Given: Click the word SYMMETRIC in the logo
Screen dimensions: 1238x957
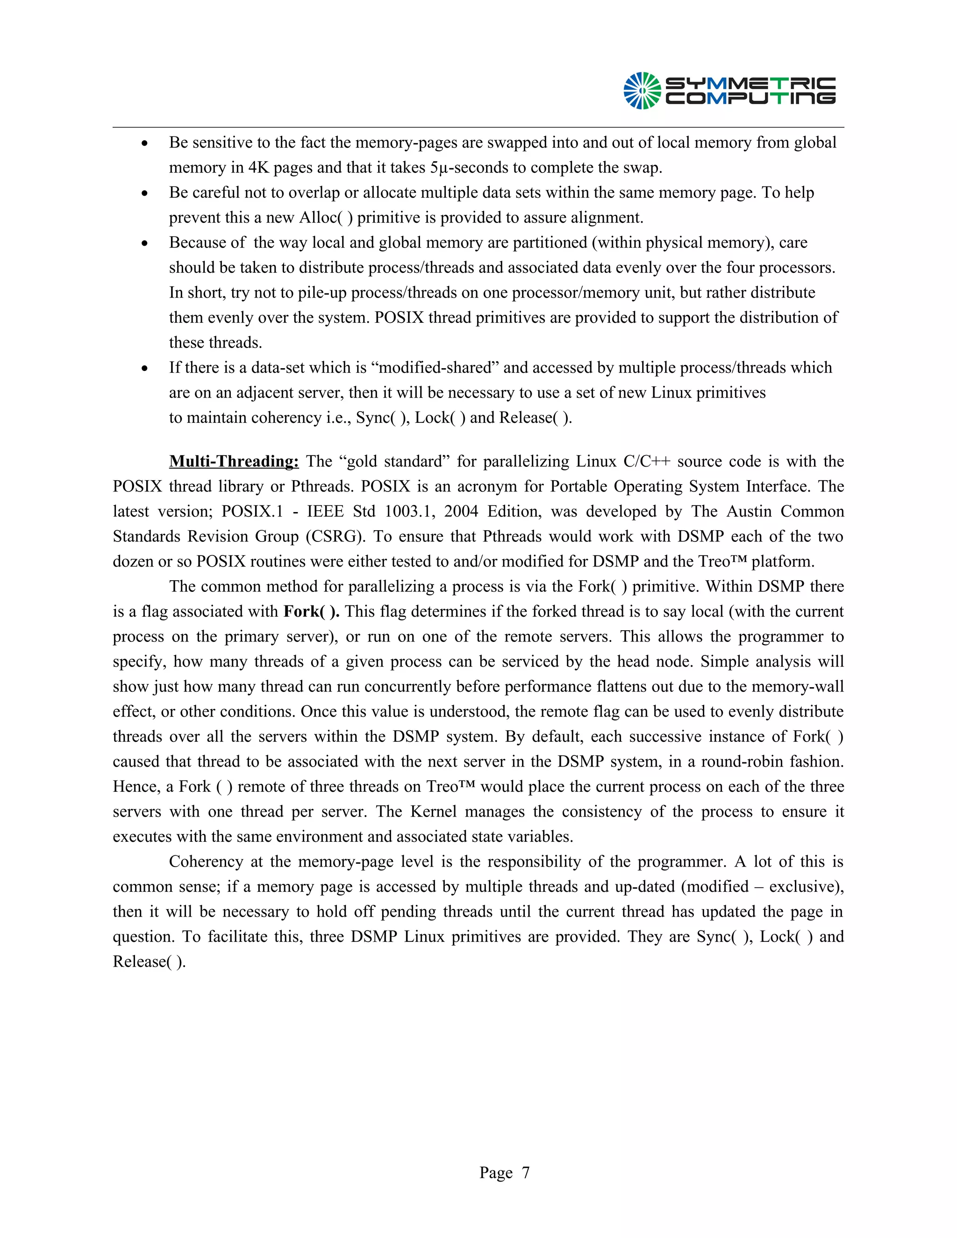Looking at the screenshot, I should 750,84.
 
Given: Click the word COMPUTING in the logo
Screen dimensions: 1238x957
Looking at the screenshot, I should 750,99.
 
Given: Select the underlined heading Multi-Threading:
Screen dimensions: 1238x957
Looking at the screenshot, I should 234,462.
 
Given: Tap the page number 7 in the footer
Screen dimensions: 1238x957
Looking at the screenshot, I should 526,1172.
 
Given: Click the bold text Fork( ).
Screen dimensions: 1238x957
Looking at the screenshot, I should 311,612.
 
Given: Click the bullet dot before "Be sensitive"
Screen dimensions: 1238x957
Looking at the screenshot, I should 145,143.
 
